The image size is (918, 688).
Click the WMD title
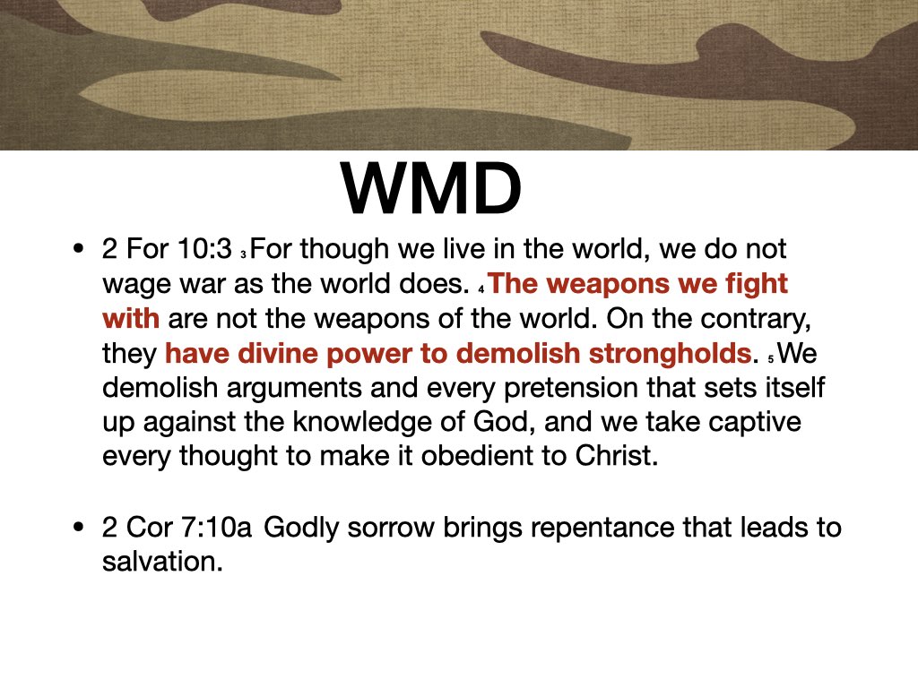pyautogui.click(x=430, y=190)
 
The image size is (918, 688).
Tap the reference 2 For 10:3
pyautogui.click(x=167, y=250)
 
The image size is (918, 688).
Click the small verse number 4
pyautogui.click(x=481, y=290)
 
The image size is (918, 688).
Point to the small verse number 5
pyautogui.click(x=770, y=358)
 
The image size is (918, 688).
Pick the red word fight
pyautogui.click(x=758, y=284)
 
